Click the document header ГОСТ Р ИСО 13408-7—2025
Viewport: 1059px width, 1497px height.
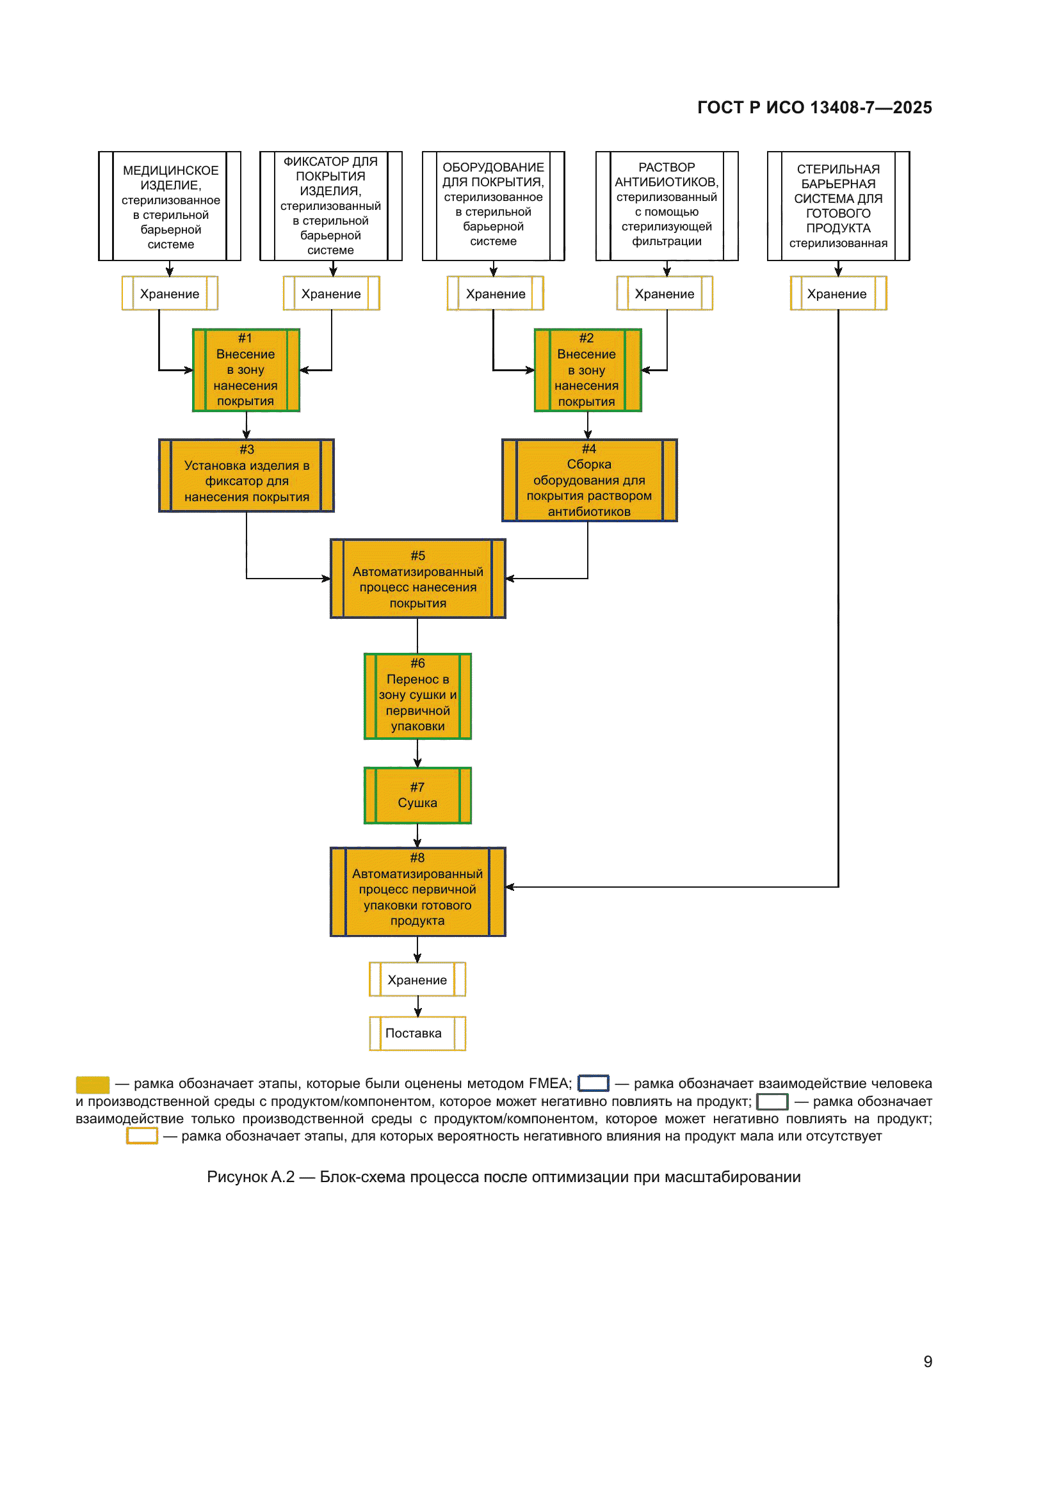pyautogui.click(x=814, y=108)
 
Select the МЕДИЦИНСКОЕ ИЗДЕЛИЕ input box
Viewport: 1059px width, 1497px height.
pyautogui.click(x=170, y=206)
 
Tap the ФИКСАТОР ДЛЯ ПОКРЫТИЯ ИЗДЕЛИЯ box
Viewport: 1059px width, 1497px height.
pyautogui.click(x=330, y=206)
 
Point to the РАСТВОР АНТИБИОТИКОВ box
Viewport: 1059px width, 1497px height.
pyautogui.click(x=667, y=206)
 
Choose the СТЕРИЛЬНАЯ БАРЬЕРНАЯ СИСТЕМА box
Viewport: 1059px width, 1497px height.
pyautogui.click(x=838, y=206)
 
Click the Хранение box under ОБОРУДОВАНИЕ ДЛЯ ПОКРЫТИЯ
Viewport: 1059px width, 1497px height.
pyautogui.click(x=495, y=293)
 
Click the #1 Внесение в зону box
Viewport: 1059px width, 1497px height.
pyautogui.click(x=246, y=371)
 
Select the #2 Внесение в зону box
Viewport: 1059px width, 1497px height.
pyautogui.click(x=587, y=371)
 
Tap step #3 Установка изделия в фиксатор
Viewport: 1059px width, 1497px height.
pyautogui.click(x=247, y=476)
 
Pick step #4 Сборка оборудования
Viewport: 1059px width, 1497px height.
pyautogui.click(x=589, y=481)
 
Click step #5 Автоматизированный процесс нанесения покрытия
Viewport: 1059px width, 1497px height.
pyautogui.click(x=417, y=579)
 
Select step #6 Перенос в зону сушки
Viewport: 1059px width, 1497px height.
pyautogui.click(x=417, y=696)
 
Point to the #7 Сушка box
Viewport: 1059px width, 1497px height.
pyautogui.click(x=417, y=796)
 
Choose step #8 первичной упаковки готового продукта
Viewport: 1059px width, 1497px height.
pyautogui.click(x=417, y=892)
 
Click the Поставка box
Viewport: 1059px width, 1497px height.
pyautogui.click(x=417, y=1034)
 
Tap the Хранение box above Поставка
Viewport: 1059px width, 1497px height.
pyautogui.click(x=417, y=979)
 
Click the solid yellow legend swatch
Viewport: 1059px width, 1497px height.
pyautogui.click(x=93, y=1084)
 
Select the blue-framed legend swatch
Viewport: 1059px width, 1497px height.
pyautogui.click(x=594, y=1083)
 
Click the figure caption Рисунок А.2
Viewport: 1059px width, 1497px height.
pyautogui.click(x=503, y=1177)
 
